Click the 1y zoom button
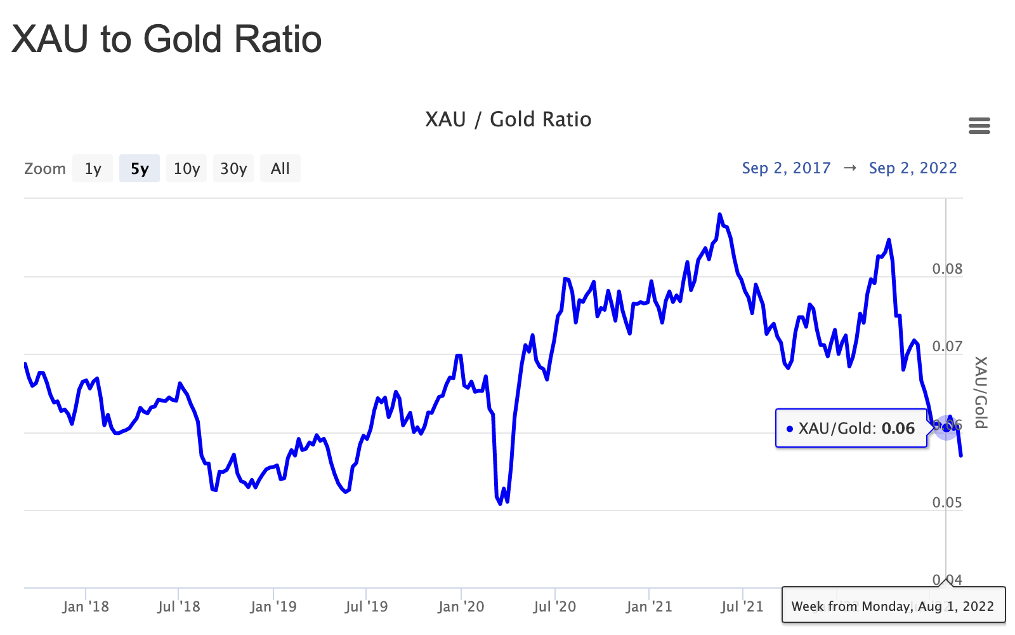93,168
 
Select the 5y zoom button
140,168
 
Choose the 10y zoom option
187,168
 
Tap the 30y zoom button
233,168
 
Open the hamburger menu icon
979,126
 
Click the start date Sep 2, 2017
786,168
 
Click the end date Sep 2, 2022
913,168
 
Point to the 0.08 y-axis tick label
947,269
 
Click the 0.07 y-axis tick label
947,347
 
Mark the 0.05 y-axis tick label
947,503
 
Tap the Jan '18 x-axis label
86,607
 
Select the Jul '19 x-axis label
366,607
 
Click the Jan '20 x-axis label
461,607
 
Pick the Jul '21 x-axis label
742,607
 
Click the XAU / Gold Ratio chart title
508,119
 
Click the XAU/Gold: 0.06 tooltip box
851,429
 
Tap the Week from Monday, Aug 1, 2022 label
893,606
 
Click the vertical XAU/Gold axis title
981,392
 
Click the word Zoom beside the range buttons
45,169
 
